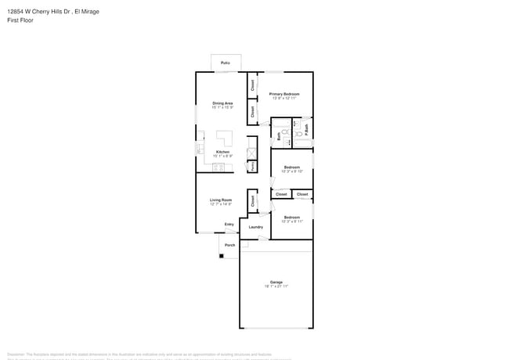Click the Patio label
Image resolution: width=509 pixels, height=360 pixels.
click(225, 62)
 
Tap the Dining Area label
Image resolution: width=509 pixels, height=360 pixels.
click(222, 103)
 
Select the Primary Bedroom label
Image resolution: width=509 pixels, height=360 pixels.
click(285, 94)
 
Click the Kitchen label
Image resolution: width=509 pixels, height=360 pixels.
click(222, 152)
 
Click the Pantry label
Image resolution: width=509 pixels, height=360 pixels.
click(252, 167)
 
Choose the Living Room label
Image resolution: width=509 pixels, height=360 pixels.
click(221, 200)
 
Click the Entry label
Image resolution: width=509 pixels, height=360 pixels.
click(229, 225)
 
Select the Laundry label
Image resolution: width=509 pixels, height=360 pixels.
click(255, 227)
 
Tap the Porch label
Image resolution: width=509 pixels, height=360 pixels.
click(230, 245)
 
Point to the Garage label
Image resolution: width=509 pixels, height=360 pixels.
click(276, 282)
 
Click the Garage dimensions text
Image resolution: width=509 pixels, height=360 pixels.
click(276, 286)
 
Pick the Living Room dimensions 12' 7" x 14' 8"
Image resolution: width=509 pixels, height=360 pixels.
click(221, 204)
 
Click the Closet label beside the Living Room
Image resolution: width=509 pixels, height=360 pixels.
click(253, 200)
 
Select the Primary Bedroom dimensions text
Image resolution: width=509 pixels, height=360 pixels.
click(285, 99)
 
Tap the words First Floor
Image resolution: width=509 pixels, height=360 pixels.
click(20, 20)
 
